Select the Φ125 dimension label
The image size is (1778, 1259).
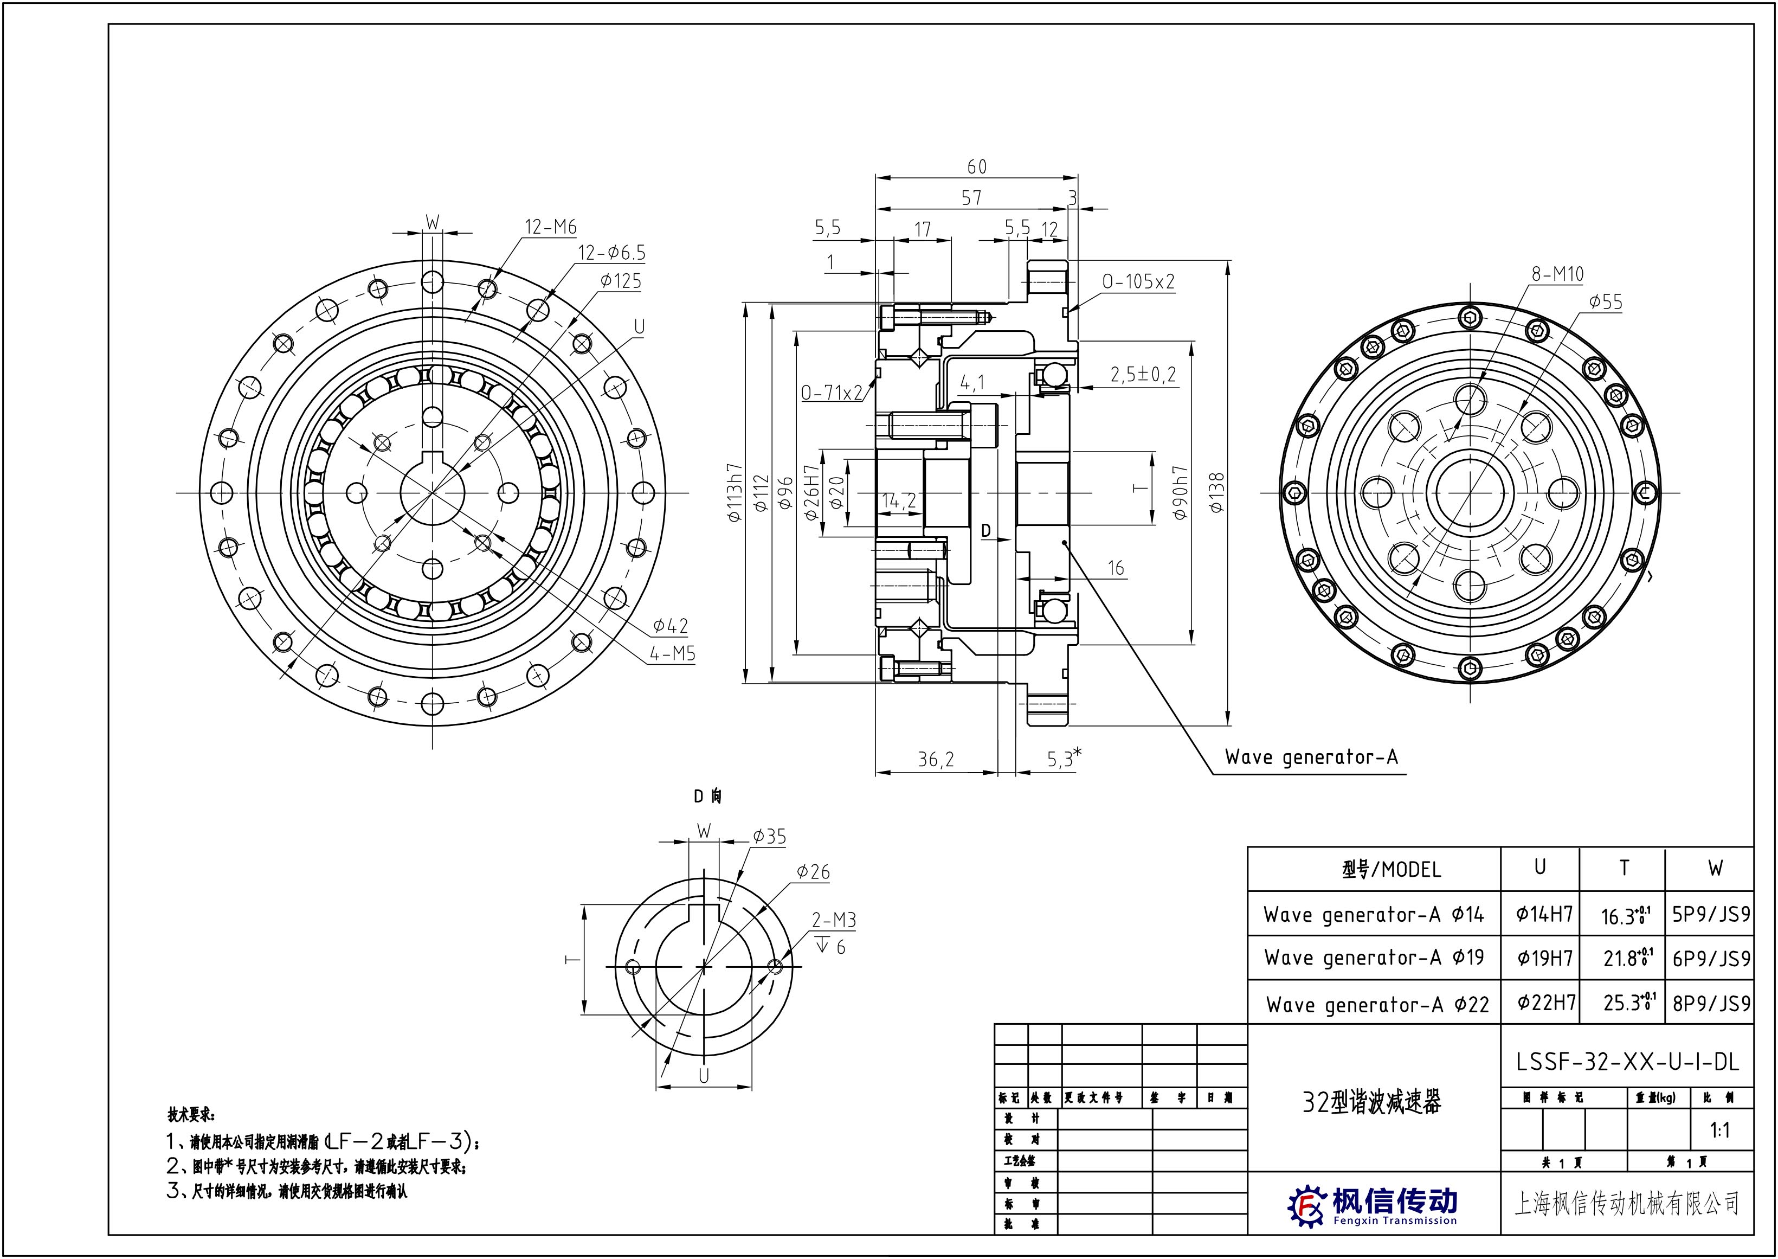coord(620,281)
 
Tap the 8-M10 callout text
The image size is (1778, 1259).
coord(1557,274)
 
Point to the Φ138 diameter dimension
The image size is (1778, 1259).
coord(1216,493)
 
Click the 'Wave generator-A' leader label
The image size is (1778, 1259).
coord(1311,756)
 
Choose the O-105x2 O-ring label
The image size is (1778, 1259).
coord(1138,281)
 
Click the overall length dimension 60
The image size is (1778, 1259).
coord(977,166)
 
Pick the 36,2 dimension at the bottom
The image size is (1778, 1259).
coord(936,760)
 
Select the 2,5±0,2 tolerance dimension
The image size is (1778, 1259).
coord(1143,375)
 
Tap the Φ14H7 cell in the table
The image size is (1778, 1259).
coord(1544,914)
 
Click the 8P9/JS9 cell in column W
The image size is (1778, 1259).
coord(1711,1003)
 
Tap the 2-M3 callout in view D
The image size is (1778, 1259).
coord(833,920)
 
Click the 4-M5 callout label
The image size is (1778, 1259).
coord(672,653)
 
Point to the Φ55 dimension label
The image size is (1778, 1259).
coord(1605,301)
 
